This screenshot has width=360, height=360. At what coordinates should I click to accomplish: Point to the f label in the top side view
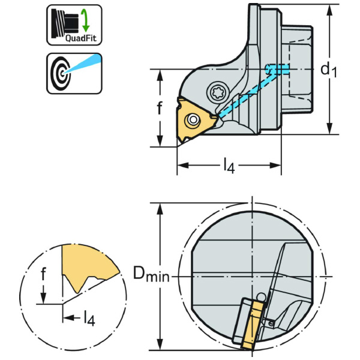(160, 109)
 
